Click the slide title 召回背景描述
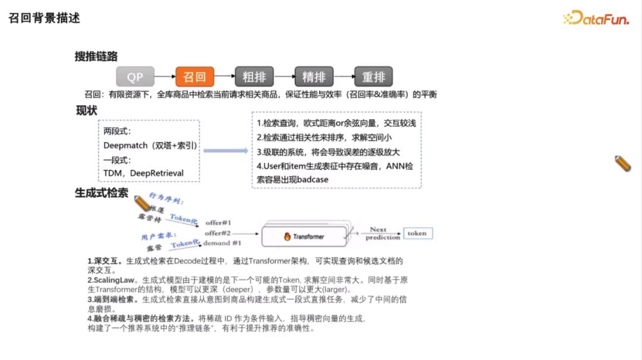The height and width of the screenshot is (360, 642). pos(44,18)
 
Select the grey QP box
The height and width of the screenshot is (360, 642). pos(135,77)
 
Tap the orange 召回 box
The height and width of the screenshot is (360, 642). pos(194,77)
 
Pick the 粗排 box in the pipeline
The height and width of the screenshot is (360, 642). pos(254,77)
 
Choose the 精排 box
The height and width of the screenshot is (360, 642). pos(314,77)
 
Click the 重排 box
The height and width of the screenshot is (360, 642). pos(374,77)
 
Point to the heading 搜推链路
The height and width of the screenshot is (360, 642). pos(96,56)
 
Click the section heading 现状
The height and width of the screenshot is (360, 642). pos(87,110)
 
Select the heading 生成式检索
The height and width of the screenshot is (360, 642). pos(101,192)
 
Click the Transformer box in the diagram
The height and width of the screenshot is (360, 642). pos(304,236)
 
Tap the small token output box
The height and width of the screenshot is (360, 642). pos(417,233)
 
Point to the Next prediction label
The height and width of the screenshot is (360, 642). pos(382,233)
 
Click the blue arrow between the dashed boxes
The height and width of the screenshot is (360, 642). pos(225,151)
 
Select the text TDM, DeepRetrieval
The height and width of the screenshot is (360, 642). pos(143,173)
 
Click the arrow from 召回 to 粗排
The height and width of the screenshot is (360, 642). pos(224,77)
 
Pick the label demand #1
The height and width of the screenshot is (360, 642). pos(222,243)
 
